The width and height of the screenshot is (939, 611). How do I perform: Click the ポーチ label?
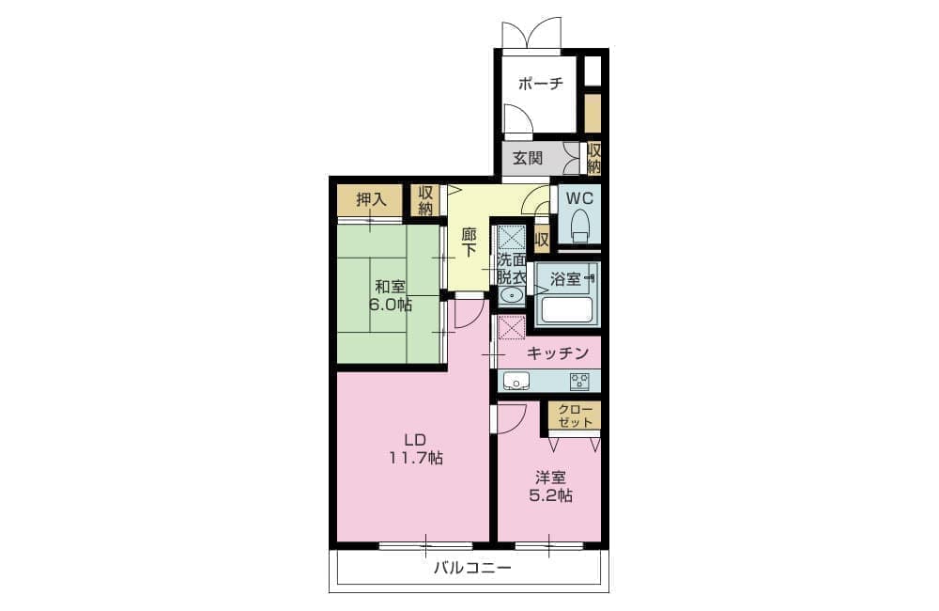coord(540,84)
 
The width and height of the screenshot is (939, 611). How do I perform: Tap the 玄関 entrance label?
coord(528,158)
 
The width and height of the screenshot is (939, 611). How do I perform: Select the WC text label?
coord(579,198)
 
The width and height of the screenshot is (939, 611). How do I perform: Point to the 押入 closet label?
coord(372,199)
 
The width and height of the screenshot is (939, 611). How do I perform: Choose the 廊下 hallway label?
coord(469,242)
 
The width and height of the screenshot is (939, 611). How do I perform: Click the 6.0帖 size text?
coord(390,304)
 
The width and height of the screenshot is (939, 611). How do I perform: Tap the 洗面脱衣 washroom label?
coord(512,269)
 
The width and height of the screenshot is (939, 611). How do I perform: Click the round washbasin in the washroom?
coord(512,295)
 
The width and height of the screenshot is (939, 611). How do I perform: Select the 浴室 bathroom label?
coord(565,279)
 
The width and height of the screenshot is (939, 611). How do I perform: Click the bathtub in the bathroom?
coord(566,309)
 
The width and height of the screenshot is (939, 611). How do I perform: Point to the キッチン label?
coord(558,353)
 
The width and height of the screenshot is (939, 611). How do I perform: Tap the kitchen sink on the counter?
coord(516,381)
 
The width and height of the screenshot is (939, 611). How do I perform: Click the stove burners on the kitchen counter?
coord(579,381)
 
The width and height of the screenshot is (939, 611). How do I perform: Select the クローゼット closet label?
coord(575,416)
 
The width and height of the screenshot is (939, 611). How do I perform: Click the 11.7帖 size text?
coord(416,459)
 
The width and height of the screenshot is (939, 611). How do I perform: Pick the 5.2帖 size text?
coord(550,496)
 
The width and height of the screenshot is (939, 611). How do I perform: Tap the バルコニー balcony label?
coord(472,567)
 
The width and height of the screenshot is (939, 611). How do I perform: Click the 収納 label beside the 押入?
coord(425,201)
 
